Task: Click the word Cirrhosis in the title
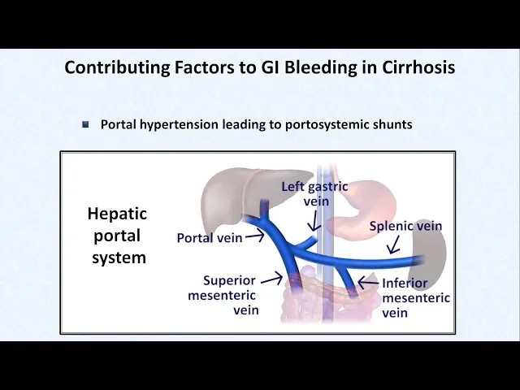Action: pos(415,67)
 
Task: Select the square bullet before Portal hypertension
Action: pos(86,124)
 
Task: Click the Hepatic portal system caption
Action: pos(117,236)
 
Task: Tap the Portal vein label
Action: pos(210,238)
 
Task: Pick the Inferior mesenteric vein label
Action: pos(415,298)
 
